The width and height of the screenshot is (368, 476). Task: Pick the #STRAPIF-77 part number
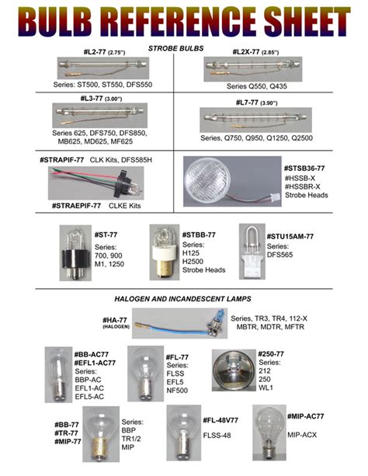point(62,159)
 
